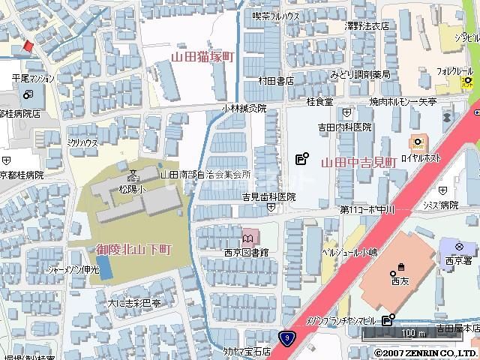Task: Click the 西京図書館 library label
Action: [x=244, y=253]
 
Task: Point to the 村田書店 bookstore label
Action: [x=275, y=80]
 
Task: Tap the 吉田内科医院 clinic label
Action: [x=343, y=127]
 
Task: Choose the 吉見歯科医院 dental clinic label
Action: [x=268, y=196]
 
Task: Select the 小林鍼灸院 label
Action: [x=243, y=108]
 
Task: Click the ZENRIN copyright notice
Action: [x=425, y=352]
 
